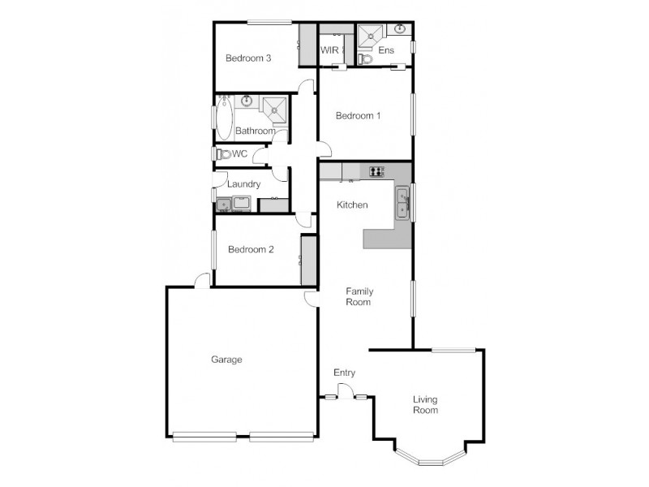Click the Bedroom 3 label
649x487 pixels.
(248, 58)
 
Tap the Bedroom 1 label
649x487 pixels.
(359, 116)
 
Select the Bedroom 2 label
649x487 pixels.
(250, 250)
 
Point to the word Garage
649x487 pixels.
(227, 360)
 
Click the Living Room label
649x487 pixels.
(425, 404)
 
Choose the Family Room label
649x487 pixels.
(359, 296)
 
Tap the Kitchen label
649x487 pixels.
(353, 205)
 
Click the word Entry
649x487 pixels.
(345, 373)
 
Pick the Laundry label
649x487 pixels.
(243, 184)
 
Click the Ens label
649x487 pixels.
(386, 50)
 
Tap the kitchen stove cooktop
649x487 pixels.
(376, 170)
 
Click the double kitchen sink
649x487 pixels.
(402, 203)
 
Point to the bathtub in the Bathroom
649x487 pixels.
(224, 120)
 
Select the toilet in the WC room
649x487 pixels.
(222, 153)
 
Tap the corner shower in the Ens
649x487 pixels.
(371, 37)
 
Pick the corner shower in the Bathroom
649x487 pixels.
(274, 110)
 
